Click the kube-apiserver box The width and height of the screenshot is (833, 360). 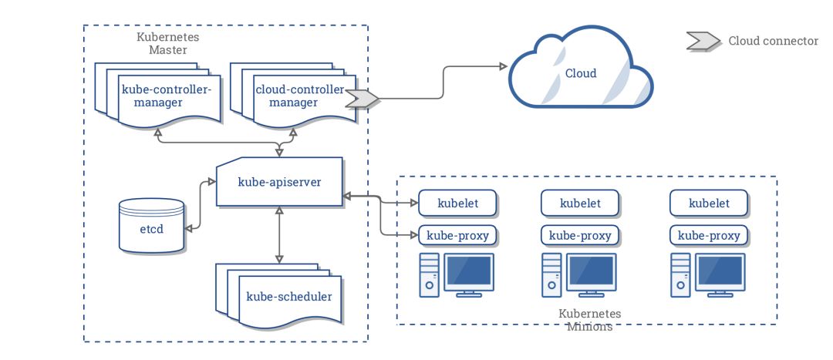278,182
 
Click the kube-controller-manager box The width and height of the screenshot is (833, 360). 167,96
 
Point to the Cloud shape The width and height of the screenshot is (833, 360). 580,73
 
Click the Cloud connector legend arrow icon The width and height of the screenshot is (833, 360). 703,41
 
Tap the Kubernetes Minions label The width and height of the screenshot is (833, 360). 589,321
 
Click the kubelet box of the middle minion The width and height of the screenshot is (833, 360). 581,204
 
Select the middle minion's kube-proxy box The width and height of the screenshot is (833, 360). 581,235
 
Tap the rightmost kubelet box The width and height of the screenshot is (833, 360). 709,204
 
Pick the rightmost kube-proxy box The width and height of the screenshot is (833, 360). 709,235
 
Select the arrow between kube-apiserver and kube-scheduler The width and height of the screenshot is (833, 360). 278,235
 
